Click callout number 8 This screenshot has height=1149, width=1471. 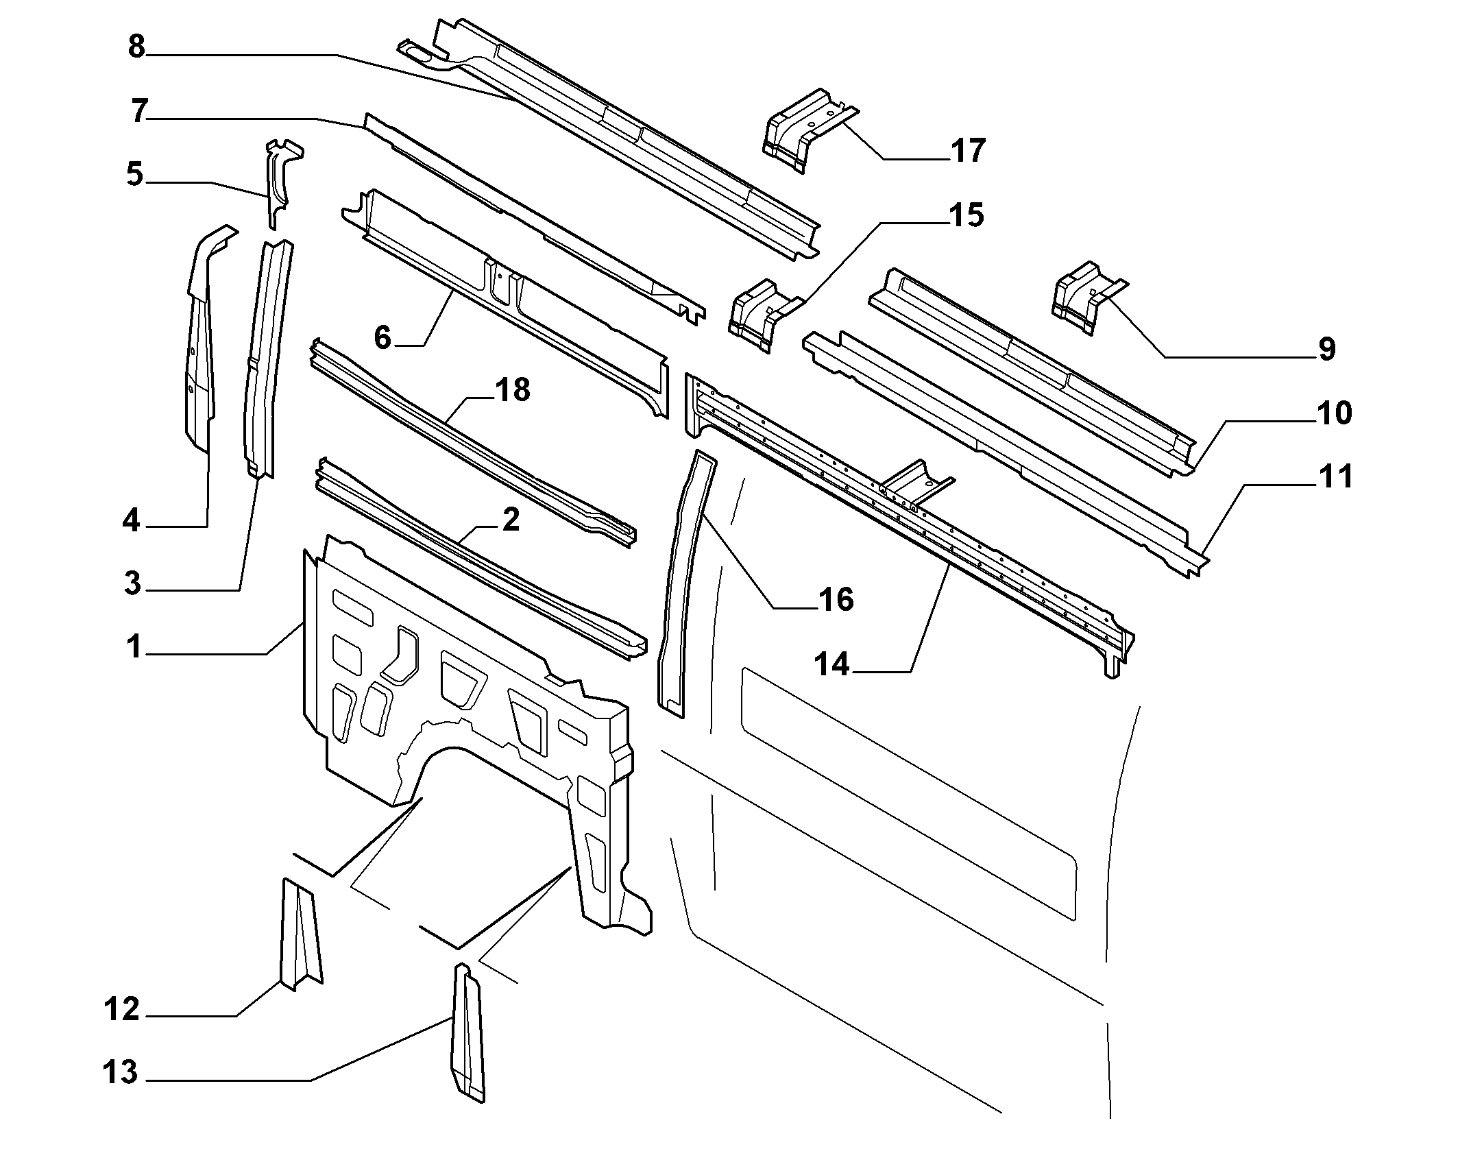tap(137, 48)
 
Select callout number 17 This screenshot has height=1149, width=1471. tap(968, 150)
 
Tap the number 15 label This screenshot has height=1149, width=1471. tap(966, 215)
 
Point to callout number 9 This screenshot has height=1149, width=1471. tap(1326, 349)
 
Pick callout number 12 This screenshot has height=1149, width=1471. tap(122, 1009)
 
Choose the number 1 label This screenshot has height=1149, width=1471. tap(134, 646)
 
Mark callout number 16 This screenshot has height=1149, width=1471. tap(835, 600)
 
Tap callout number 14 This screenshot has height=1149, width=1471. tap(832, 664)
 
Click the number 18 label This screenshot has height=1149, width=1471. tap(512, 389)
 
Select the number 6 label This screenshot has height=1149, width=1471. tap(382, 338)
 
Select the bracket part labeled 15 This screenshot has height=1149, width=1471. tap(764, 315)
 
